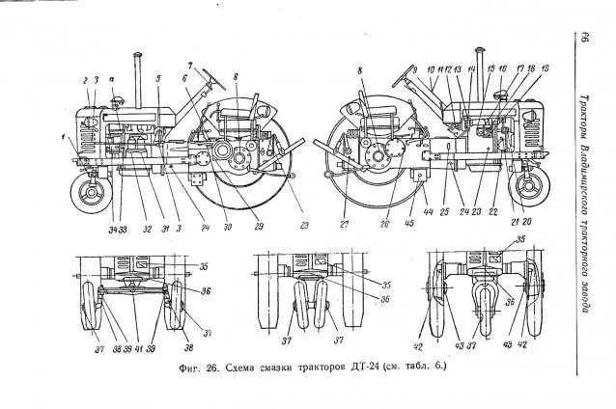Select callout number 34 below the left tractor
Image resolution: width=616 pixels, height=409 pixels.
click(x=112, y=229)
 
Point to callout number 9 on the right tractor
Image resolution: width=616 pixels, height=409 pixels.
click(x=414, y=70)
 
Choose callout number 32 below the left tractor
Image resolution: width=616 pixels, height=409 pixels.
click(x=148, y=229)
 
